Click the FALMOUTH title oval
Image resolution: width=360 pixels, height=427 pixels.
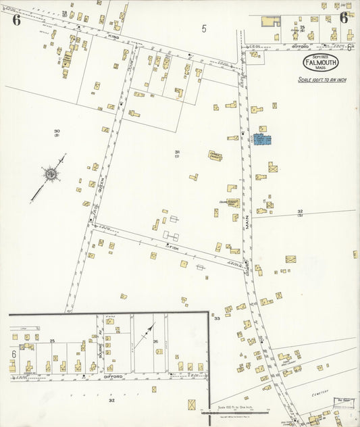click(320, 63)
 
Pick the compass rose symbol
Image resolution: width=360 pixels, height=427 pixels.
click(50, 176)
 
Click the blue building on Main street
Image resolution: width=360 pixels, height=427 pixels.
click(262, 140)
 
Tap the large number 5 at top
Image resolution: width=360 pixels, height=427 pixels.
click(203, 28)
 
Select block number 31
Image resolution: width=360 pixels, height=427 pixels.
click(177, 152)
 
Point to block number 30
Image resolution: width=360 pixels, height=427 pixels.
click(57, 131)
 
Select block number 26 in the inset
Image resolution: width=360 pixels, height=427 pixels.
click(155, 341)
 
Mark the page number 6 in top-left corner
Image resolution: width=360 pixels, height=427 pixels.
click(16, 19)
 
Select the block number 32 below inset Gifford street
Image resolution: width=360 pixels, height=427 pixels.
click(111, 400)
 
